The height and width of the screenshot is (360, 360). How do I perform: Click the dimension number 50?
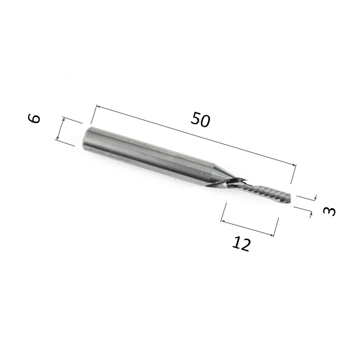(200, 119)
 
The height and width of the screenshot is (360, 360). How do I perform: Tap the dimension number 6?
(35, 118)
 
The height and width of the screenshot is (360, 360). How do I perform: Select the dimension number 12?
(241, 244)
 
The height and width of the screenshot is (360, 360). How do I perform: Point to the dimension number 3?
(329, 211)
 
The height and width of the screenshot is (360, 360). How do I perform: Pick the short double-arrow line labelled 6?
(62, 128)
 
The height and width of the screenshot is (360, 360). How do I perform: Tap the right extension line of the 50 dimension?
(293, 175)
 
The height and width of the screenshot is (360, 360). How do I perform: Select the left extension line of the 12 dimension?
(223, 212)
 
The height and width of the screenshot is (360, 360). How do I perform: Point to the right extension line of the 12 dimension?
(277, 227)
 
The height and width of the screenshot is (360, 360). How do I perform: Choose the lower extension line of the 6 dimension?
(66, 143)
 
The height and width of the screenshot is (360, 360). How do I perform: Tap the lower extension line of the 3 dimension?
(303, 209)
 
